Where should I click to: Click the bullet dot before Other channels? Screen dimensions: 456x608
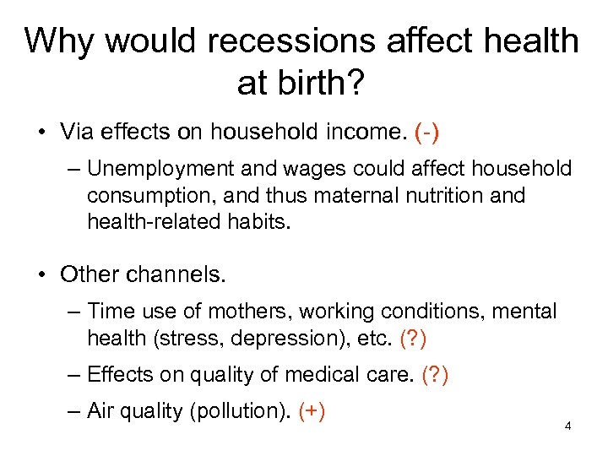pyautogui.click(x=41, y=274)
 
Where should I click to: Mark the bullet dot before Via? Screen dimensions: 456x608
pyautogui.click(x=41, y=132)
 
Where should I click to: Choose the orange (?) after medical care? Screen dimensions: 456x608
pyautogui.click(x=435, y=375)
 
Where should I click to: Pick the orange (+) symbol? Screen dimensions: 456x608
pyautogui.click(x=312, y=411)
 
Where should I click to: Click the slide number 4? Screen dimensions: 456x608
pyautogui.click(x=568, y=426)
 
